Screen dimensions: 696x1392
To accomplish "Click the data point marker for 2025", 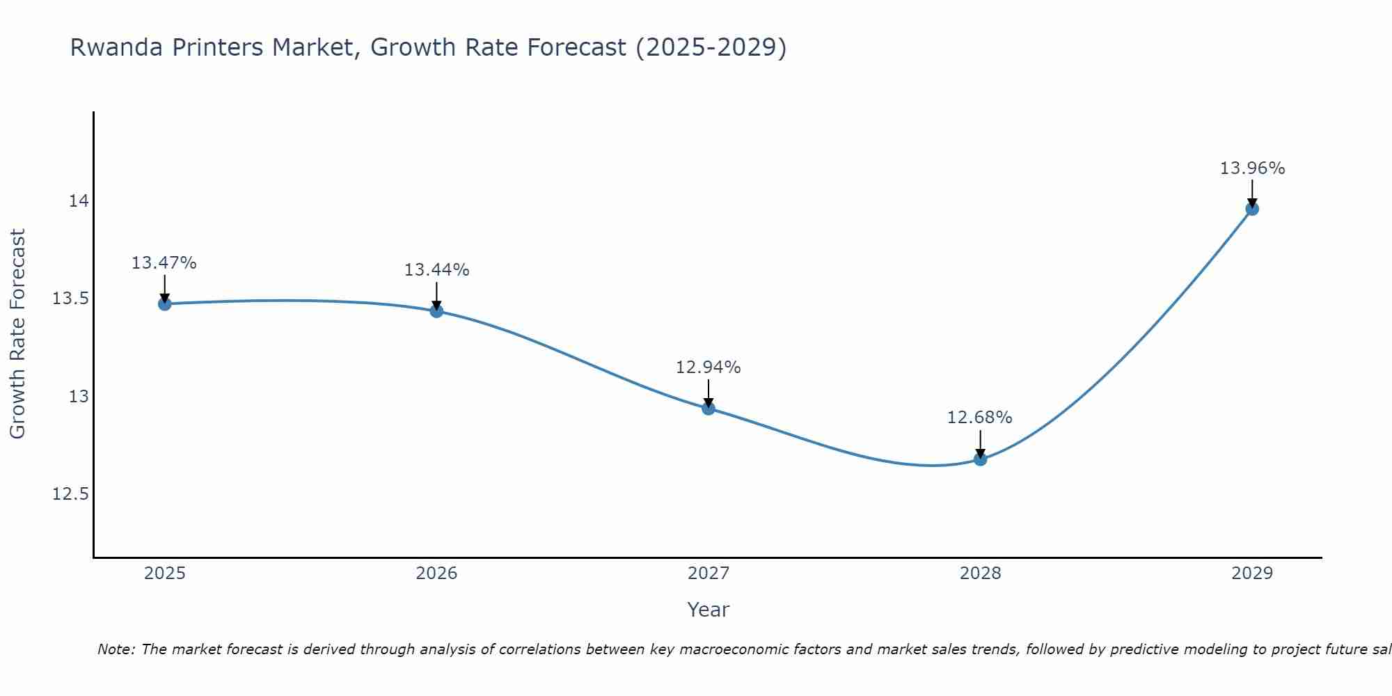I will (x=165, y=303).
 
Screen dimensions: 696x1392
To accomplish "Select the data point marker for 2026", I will (x=436, y=310).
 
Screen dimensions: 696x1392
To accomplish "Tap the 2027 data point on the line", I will (x=709, y=408).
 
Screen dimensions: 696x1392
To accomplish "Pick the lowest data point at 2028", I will (x=980, y=459).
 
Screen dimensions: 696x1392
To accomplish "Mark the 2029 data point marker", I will (x=1252, y=208).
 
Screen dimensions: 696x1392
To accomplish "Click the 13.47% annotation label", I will (x=164, y=263).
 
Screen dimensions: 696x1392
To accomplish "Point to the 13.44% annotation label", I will (x=436, y=270).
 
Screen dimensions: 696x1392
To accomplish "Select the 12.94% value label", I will (x=709, y=367).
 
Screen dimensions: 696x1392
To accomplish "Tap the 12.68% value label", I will (x=980, y=418).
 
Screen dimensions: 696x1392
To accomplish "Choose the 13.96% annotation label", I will (x=1252, y=168).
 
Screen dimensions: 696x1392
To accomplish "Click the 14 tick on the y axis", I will (x=79, y=201).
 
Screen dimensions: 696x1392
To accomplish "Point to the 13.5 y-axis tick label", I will (x=71, y=299).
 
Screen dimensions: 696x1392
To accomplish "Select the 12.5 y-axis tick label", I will (x=71, y=494).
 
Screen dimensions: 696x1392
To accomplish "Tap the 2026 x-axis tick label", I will (x=436, y=574).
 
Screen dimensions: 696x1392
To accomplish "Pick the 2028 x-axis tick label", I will (x=980, y=574).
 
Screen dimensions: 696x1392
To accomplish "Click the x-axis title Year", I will (x=709, y=610).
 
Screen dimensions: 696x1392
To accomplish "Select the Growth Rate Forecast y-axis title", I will (x=17, y=334).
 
